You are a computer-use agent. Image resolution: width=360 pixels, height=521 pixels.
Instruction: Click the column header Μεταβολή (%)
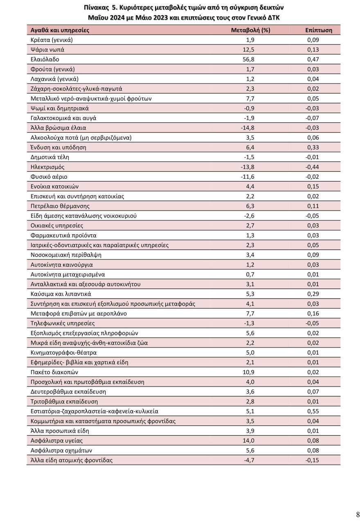250,30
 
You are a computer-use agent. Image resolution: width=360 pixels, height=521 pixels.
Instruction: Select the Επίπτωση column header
319,30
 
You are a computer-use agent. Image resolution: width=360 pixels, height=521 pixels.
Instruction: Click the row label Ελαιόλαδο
45,59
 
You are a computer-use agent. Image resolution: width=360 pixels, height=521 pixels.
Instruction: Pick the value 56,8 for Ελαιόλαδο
250,59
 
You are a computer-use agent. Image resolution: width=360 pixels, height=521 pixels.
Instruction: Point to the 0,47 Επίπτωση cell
313,59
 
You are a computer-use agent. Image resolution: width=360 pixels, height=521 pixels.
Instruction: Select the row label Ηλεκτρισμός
47,167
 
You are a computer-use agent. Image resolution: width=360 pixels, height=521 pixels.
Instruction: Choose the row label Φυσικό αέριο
49,177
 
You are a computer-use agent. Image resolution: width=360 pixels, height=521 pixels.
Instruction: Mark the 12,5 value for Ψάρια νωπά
250,49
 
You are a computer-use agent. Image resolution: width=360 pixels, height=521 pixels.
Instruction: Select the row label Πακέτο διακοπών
54,372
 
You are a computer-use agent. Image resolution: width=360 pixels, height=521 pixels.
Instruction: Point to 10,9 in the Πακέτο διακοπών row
250,372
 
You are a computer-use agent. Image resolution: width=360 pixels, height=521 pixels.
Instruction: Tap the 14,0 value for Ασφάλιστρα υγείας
250,440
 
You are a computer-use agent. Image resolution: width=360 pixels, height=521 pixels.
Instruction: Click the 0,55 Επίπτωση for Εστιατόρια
313,411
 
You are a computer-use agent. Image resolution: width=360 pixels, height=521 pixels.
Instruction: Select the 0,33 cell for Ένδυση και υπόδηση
313,147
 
